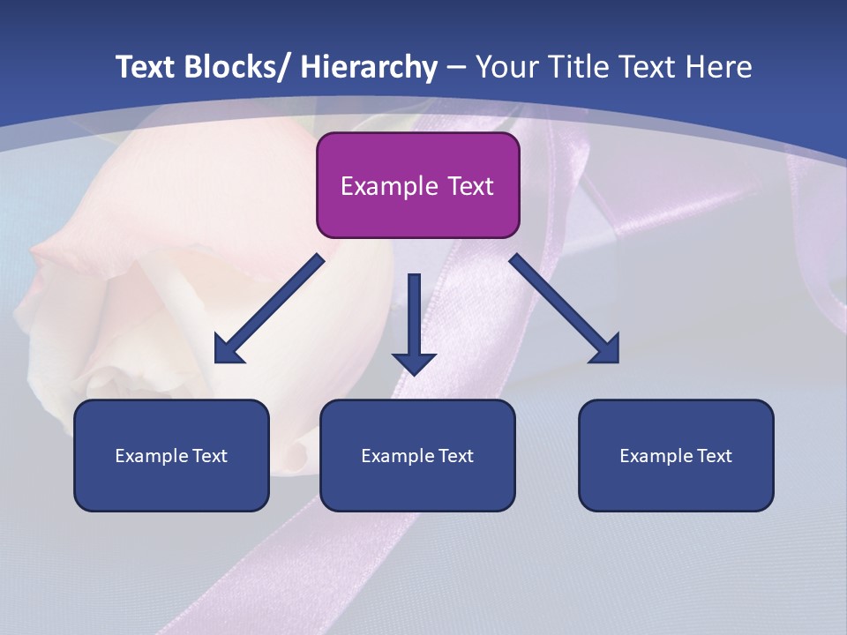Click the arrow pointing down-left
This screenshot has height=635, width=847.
(x=269, y=310)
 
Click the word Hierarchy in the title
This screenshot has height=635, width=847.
(x=369, y=67)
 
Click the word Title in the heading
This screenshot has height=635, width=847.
(x=576, y=67)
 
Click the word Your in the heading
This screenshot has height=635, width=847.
(x=506, y=67)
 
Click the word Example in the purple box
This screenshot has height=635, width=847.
(x=389, y=187)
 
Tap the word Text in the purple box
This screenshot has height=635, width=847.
(x=469, y=187)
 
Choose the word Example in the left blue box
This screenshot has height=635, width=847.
(x=152, y=456)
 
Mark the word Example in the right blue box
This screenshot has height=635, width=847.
(x=656, y=456)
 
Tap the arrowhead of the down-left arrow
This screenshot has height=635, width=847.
(x=229, y=350)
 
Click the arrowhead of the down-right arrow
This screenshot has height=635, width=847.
(x=606, y=350)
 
